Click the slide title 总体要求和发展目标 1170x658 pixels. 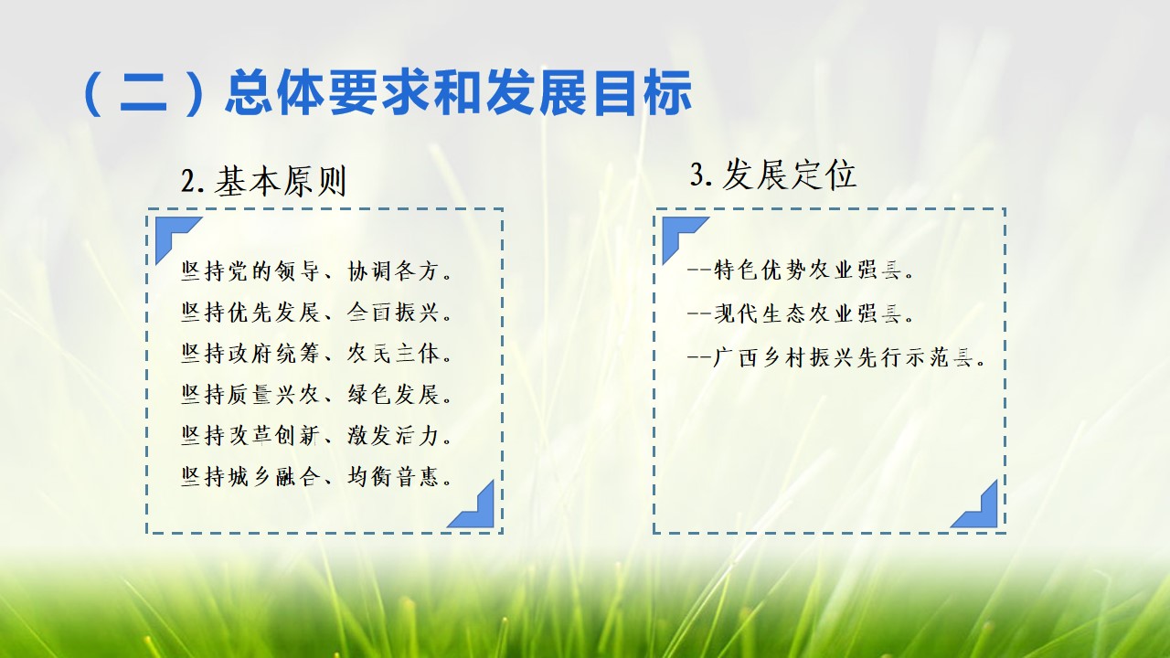pos(459,93)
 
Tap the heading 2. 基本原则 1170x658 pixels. pos(264,182)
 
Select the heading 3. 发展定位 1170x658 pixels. pos(773,175)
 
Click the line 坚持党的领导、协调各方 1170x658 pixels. pos(316,271)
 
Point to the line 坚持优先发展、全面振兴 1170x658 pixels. pos(316,313)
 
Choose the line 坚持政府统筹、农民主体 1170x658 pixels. pos(316,353)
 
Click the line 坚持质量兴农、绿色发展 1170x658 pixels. pos(316,394)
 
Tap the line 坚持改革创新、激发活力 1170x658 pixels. pos(316,435)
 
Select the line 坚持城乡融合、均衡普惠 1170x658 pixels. pos(316,476)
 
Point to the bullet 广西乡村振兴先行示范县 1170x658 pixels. pos(836,357)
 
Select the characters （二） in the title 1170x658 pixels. pos(144,93)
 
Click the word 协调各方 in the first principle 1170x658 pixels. pos(393,271)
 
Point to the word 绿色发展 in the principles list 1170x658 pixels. pos(393,394)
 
